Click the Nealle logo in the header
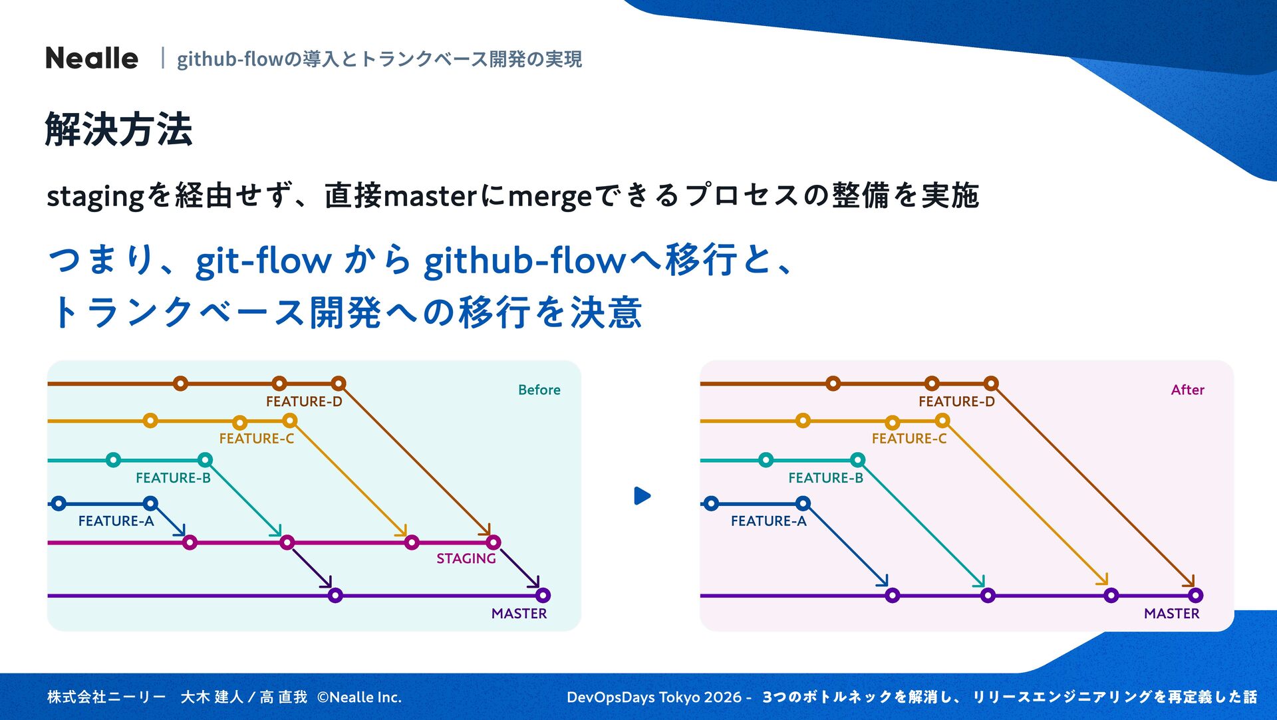(x=92, y=59)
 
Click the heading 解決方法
(x=118, y=129)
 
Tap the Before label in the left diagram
(x=539, y=390)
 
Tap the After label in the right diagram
(x=1187, y=390)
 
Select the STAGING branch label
(x=466, y=558)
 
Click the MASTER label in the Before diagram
(x=519, y=614)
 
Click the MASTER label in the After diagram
(x=1171, y=614)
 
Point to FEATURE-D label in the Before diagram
(x=304, y=402)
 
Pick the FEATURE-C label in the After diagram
(x=909, y=439)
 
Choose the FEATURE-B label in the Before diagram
(x=173, y=478)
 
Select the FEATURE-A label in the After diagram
(x=768, y=521)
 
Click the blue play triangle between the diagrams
(x=642, y=496)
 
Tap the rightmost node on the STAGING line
(x=493, y=542)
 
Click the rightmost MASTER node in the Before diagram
(x=543, y=595)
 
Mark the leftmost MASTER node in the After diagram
(x=893, y=595)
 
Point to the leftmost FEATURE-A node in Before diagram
(x=59, y=503)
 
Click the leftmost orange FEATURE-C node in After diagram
(x=803, y=420)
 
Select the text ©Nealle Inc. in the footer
(x=359, y=697)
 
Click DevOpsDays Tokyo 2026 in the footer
(x=654, y=697)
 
